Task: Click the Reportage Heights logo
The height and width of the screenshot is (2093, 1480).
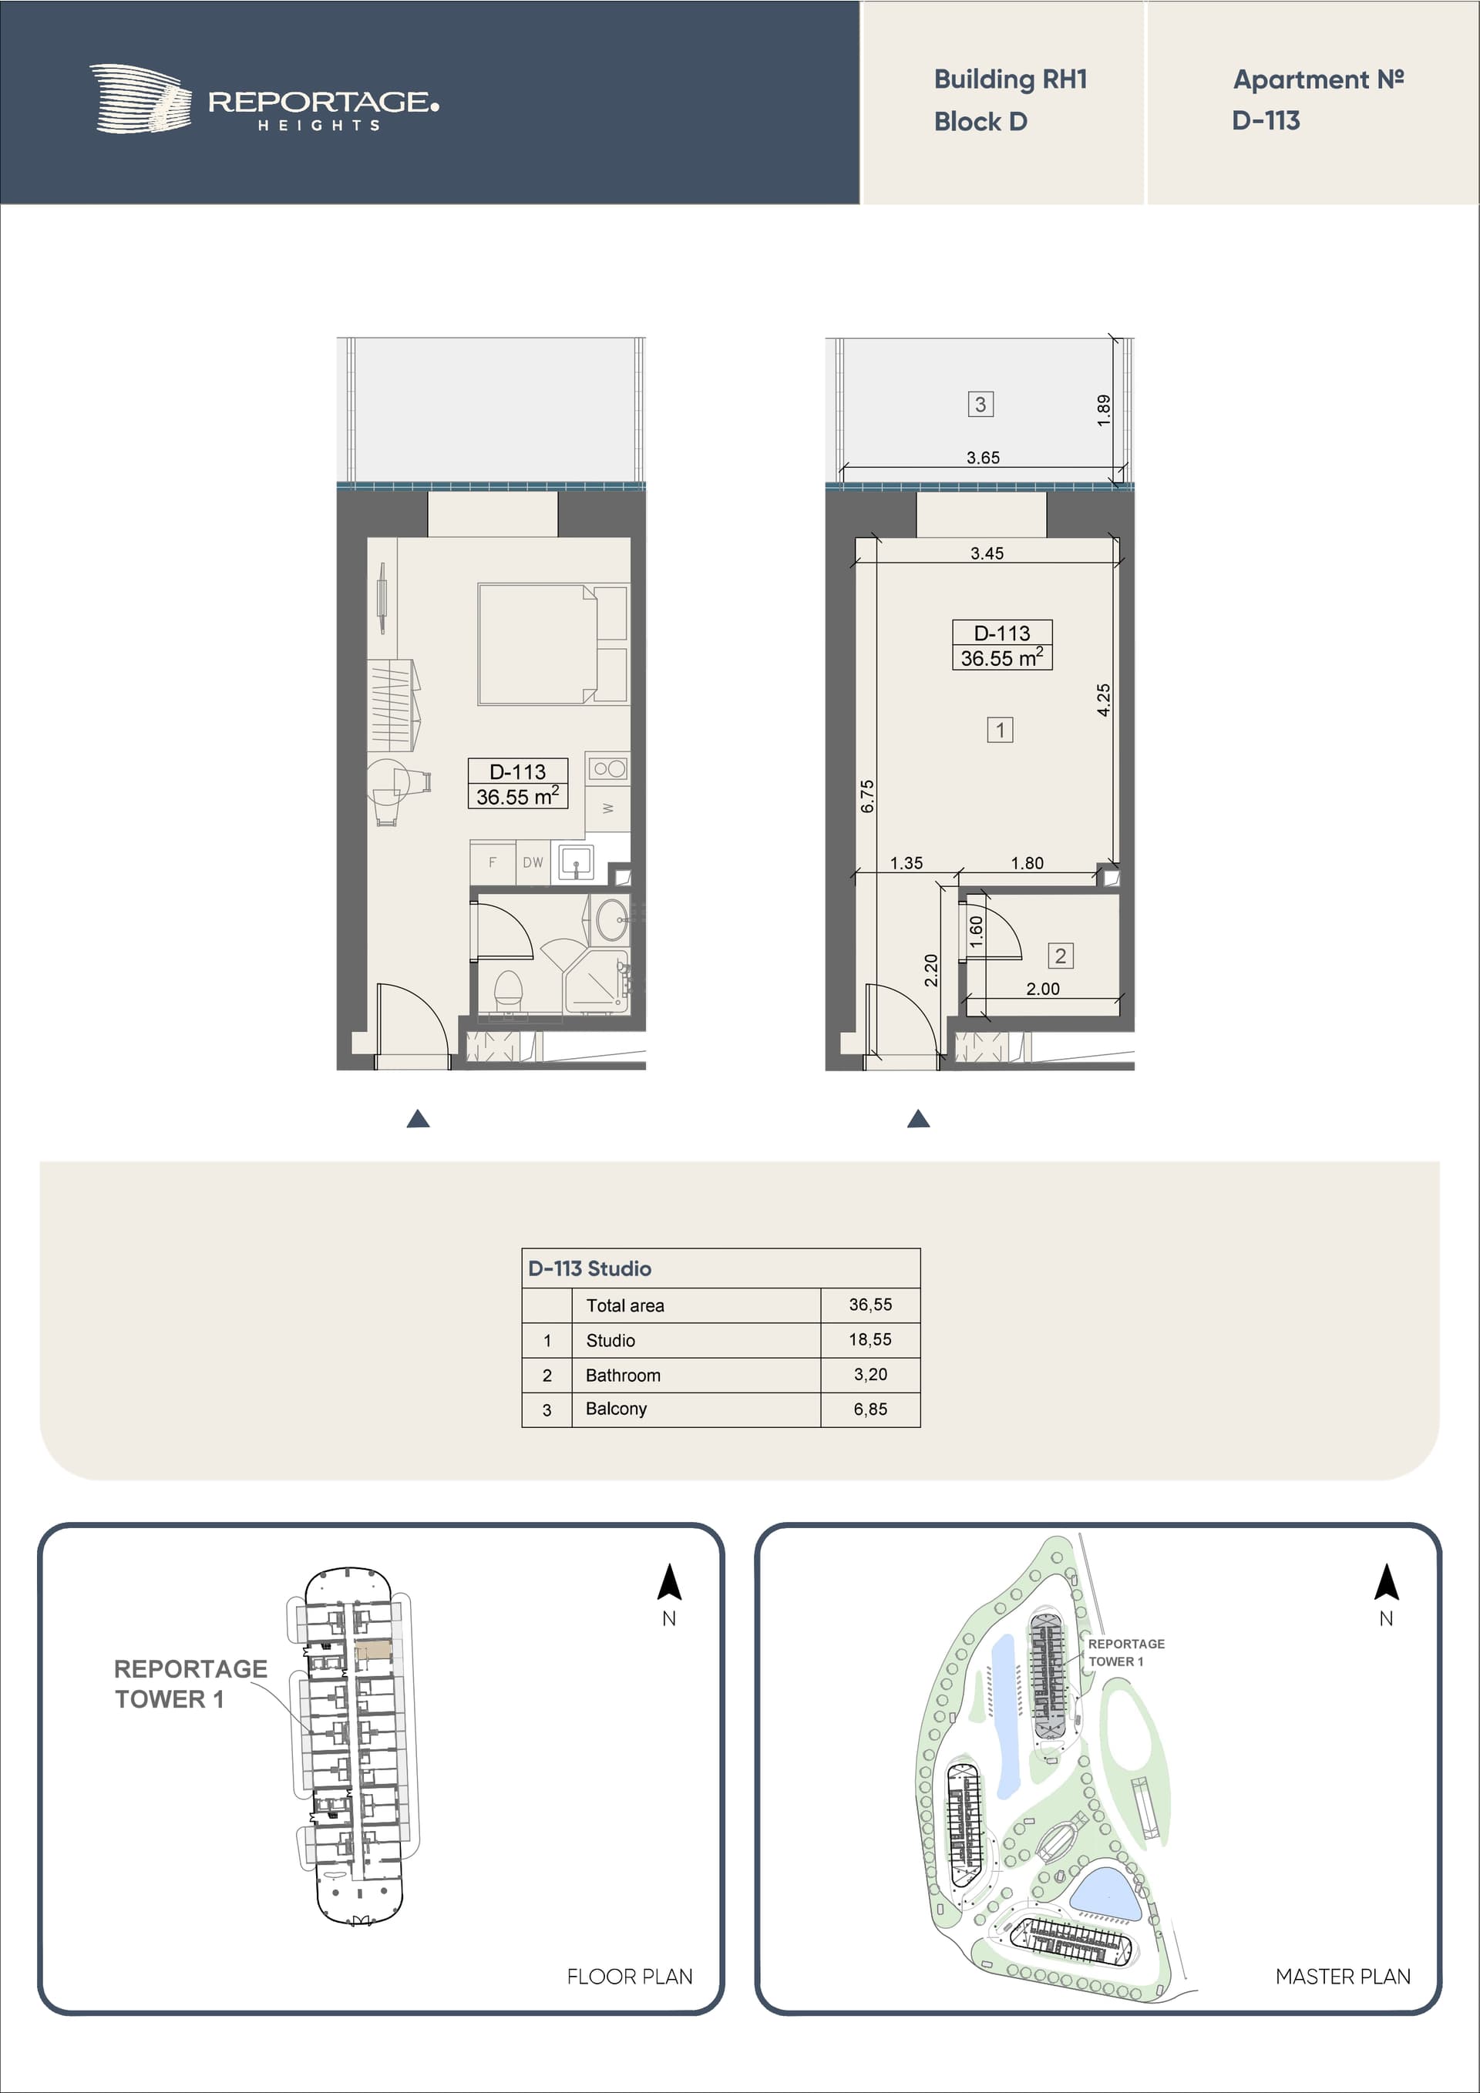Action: click(264, 99)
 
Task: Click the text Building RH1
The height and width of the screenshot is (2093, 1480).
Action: click(1011, 79)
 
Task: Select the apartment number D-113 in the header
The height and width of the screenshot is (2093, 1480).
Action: click(1266, 120)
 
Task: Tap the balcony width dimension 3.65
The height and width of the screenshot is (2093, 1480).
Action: click(983, 458)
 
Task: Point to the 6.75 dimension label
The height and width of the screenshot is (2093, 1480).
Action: click(867, 796)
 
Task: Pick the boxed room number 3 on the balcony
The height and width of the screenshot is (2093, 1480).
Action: click(980, 404)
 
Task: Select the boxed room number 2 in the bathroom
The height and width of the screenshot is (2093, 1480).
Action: click(1061, 956)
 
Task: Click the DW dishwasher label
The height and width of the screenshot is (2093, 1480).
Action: click(533, 862)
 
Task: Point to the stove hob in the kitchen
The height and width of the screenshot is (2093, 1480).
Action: click(608, 768)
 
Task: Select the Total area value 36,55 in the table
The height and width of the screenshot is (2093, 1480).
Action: click(871, 1305)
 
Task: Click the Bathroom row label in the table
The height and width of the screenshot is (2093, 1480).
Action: click(623, 1375)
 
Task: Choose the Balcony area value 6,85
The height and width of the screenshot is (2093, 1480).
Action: click(871, 1409)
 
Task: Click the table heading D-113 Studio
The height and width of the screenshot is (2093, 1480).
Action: click(590, 1268)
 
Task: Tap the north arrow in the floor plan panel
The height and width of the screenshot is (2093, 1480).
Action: click(669, 1581)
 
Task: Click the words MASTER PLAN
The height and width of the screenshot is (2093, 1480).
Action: click(1342, 1977)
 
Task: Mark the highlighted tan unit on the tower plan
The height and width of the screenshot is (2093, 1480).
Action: click(373, 1649)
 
